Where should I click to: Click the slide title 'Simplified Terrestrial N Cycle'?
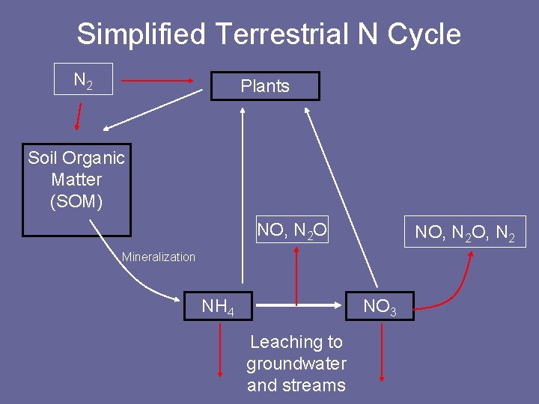(269, 34)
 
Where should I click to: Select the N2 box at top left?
(83, 79)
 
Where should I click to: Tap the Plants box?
(264, 86)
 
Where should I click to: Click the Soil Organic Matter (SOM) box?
(76, 189)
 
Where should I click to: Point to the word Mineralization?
(159, 257)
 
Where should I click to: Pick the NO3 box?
(380, 305)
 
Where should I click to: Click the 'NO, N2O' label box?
(292, 230)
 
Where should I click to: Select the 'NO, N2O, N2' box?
(465, 232)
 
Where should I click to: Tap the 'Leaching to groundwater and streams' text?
(296, 364)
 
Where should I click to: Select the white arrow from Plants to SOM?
(154, 108)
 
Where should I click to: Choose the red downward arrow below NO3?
(382, 352)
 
